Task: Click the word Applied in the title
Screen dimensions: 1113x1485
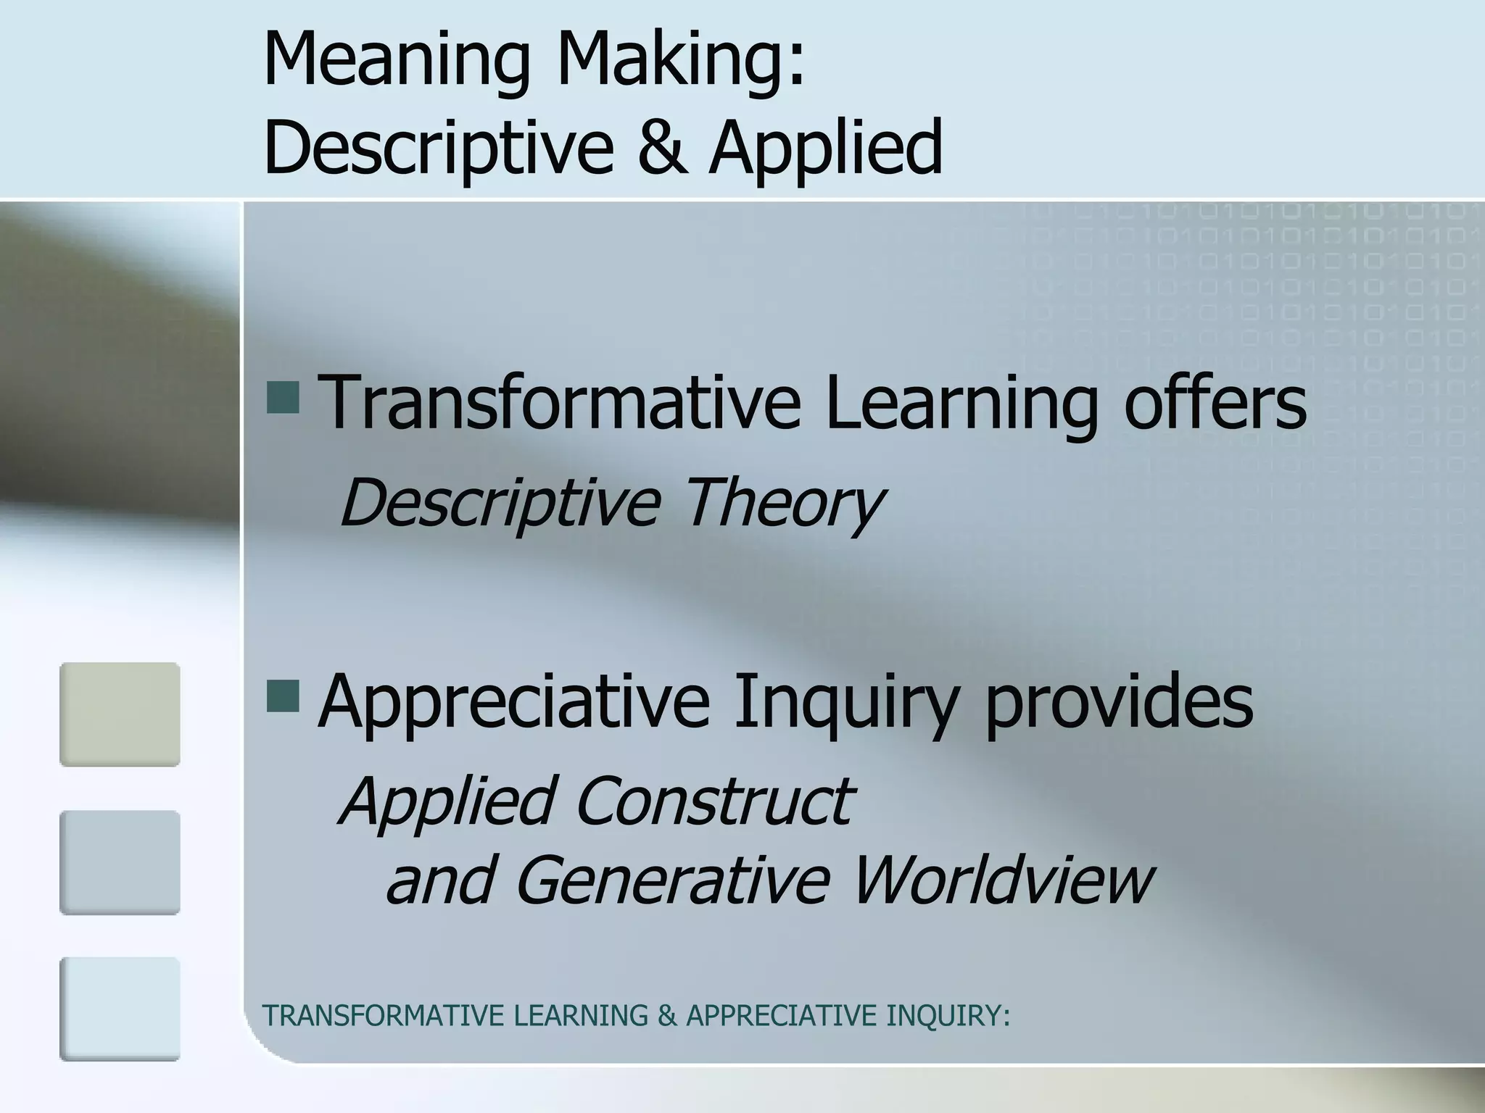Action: (826, 146)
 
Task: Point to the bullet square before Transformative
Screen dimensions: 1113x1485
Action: (283, 398)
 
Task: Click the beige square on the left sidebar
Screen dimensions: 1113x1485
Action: (120, 714)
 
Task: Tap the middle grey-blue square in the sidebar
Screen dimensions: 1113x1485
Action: (120, 862)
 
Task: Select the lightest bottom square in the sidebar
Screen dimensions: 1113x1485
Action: (120, 1009)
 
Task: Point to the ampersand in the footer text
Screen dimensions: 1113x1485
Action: (666, 1016)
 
